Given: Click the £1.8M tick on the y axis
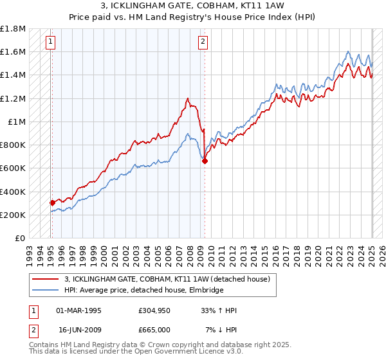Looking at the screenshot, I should tap(13, 29).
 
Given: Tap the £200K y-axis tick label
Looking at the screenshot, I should tap(13, 215).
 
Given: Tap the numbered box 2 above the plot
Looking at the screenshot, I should tap(203, 42).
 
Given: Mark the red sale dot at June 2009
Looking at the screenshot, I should tap(205, 161).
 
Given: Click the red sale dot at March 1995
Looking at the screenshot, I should tap(52, 203).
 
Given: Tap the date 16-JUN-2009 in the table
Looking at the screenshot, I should tap(79, 329).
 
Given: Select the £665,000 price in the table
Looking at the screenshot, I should tap(154, 329).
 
